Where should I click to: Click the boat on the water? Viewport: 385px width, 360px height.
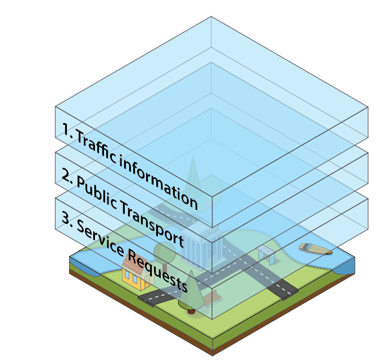[315, 248]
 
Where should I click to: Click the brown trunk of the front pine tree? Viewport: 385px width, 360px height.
[191, 310]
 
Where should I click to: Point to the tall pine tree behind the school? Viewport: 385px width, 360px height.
[193, 174]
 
